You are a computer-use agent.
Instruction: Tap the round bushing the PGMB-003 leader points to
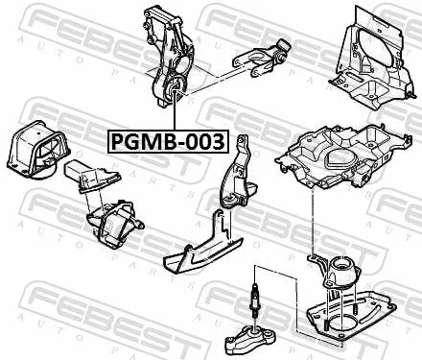pos(175,93)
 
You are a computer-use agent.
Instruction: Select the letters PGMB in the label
pos(144,142)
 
